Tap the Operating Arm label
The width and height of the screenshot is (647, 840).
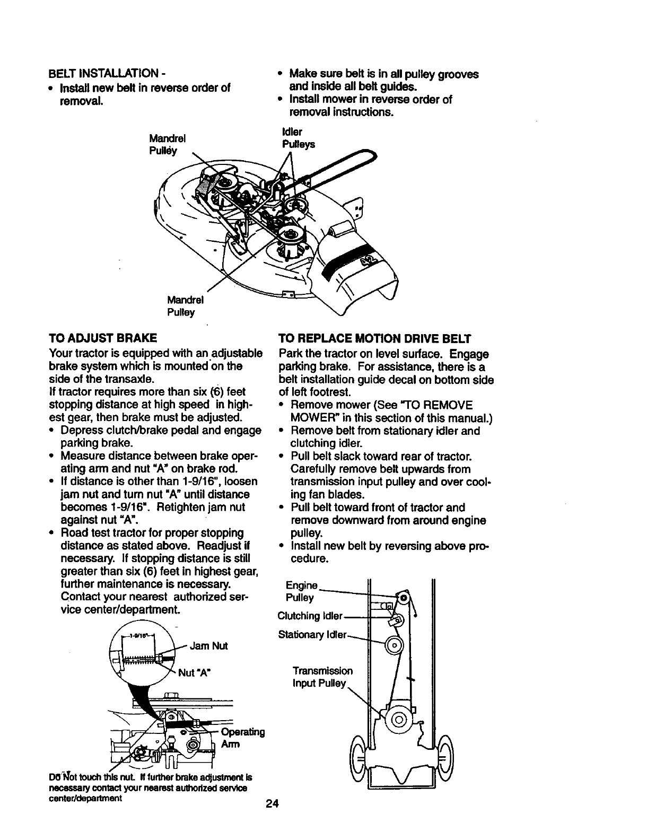(x=241, y=738)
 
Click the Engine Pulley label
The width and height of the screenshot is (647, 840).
(x=301, y=592)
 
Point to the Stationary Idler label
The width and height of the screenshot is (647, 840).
(x=312, y=635)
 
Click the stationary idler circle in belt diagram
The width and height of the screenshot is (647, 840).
(x=395, y=645)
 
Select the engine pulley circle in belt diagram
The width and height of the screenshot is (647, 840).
(x=404, y=598)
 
